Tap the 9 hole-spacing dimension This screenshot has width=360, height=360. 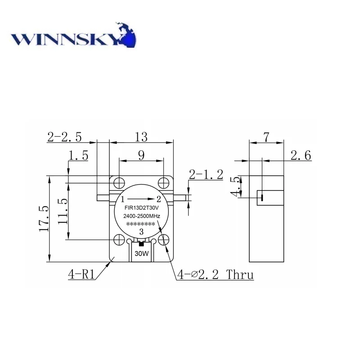141,155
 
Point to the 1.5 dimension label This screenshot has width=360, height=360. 78,156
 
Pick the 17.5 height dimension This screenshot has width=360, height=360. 43,219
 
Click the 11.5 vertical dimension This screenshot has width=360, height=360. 63,211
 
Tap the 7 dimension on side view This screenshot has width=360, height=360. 266,137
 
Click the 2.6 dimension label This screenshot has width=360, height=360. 301,156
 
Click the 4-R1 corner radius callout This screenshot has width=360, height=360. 81,274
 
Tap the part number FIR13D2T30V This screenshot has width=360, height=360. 141,208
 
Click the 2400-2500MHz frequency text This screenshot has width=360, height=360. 141,217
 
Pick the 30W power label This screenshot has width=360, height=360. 141,253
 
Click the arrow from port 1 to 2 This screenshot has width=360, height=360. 141,199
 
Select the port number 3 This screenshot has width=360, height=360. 141,232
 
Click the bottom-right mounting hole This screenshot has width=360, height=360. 164,240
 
